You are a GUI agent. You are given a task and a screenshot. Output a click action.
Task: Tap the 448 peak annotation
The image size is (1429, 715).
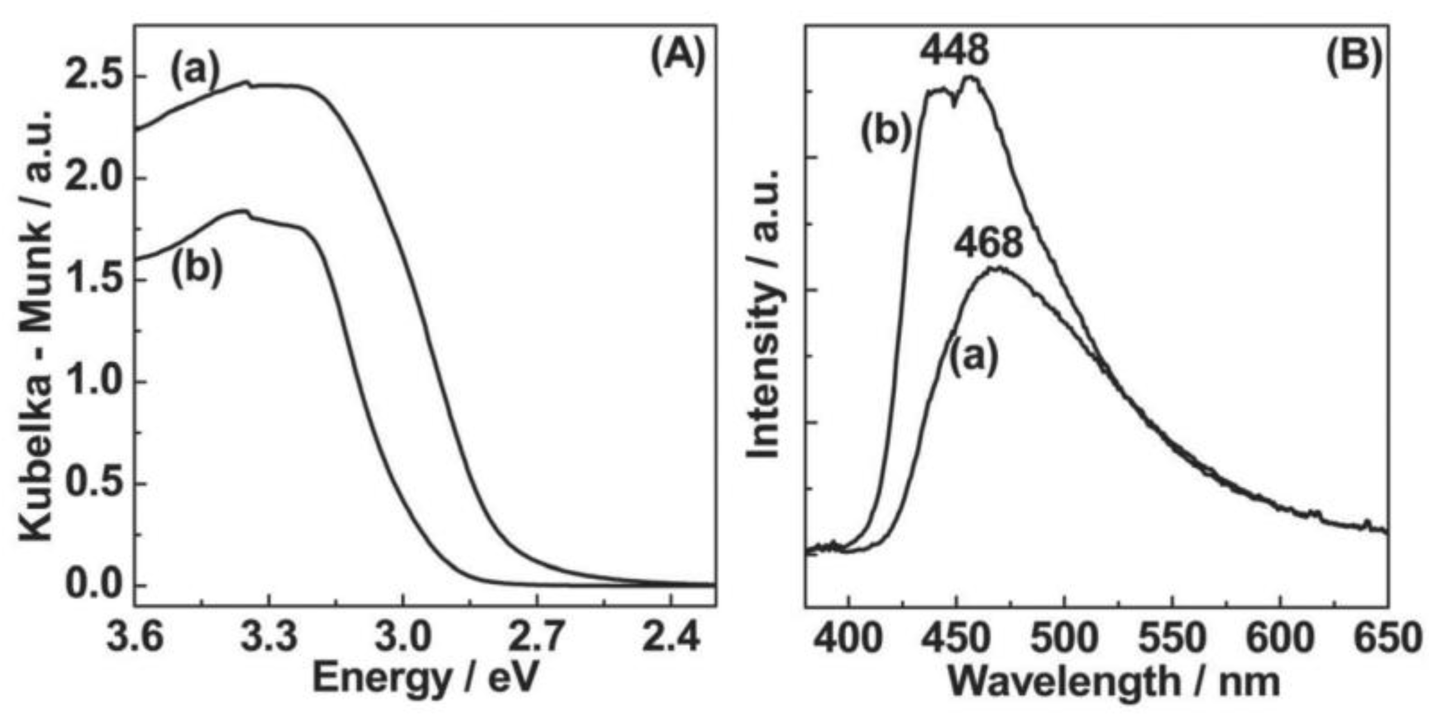[x=954, y=51]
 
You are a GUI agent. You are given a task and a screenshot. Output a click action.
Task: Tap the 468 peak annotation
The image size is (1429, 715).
[x=988, y=244]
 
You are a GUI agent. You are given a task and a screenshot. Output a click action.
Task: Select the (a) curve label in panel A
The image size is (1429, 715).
[x=195, y=72]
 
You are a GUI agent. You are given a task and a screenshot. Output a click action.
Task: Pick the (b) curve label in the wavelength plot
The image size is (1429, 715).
[x=886, y=131]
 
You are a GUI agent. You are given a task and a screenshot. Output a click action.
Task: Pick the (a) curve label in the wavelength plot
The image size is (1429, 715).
[x=974, y=358]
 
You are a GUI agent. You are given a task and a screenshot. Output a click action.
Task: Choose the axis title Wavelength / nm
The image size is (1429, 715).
[x=1113, y=681]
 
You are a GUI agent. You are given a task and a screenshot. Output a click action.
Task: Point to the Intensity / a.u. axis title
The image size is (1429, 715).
[x=764, y=314]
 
